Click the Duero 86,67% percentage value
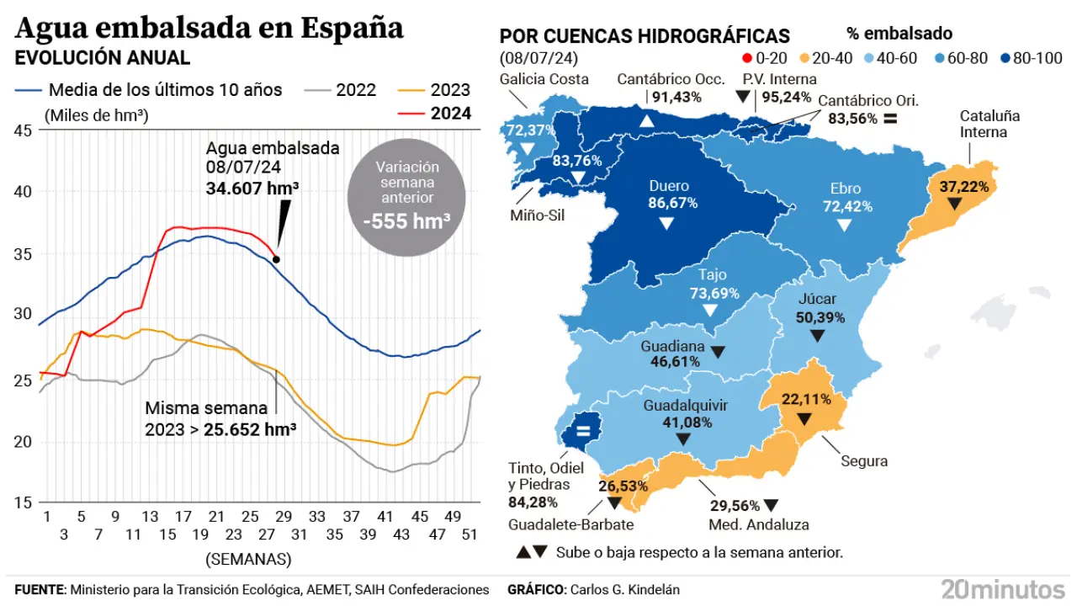coord(668,203)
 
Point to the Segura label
coord(864,461)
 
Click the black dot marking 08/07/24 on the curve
coord(276,259)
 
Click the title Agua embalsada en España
coord(209,28)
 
